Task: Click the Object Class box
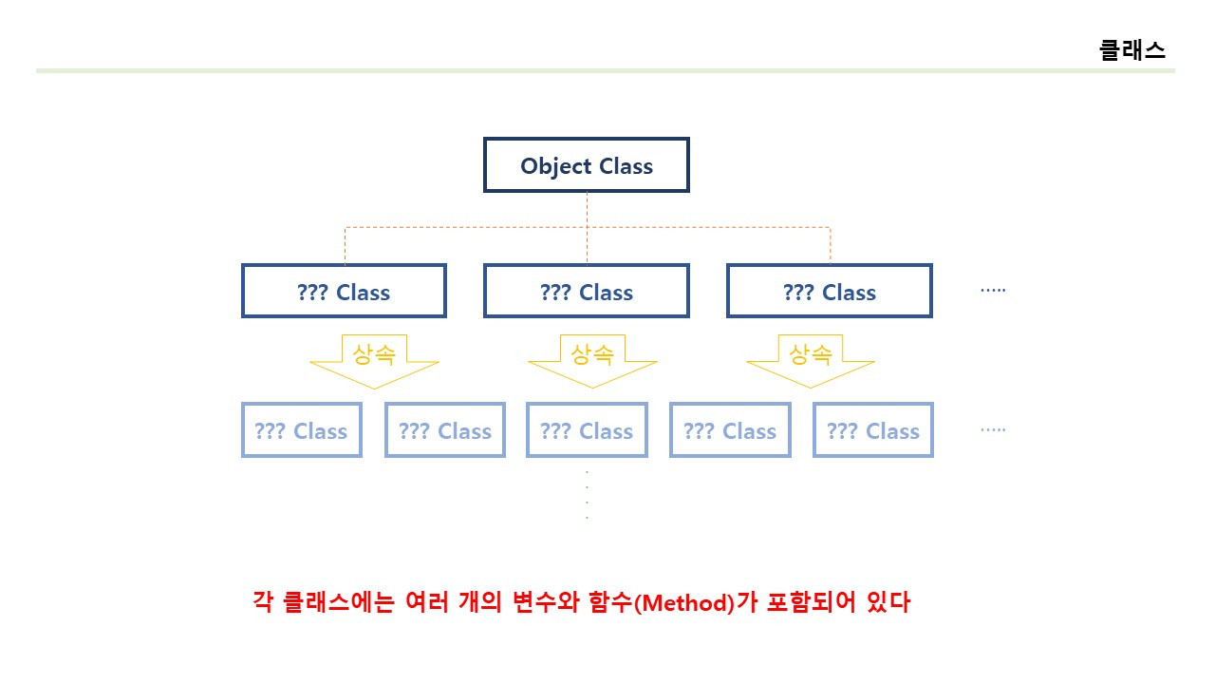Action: tap(586, 165)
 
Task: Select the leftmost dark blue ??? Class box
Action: tap(344, 291)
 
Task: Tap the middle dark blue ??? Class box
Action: tap(586, 291)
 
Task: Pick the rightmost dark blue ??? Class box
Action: tap(829, 291)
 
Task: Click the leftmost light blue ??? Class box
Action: tap(301, 430)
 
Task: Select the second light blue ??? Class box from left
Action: tap(444, 430)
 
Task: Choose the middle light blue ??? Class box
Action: tap(587, 430)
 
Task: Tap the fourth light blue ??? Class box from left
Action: tap(730, 430)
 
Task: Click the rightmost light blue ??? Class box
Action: tap(873, 430)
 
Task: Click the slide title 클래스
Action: tap(1131, 50)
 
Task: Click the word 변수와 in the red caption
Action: tap(551, 602)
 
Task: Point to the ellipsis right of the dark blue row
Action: tap(993, 290)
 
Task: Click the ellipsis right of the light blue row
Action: tap(993, 429)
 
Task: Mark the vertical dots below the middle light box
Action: tap(587, 494)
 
